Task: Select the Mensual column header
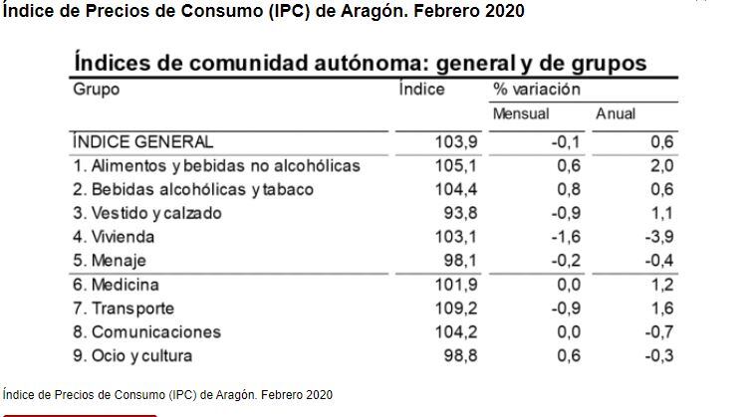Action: (x=521, y=113)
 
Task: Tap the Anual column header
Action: (x=615, y=113)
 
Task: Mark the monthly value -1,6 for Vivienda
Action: (x=566, y=237)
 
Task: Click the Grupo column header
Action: (x=97, y=89)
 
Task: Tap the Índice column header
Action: (x=420, y=89)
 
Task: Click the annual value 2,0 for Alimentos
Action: (x=661, y=165)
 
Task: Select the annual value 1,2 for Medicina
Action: (x=661, y=285)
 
